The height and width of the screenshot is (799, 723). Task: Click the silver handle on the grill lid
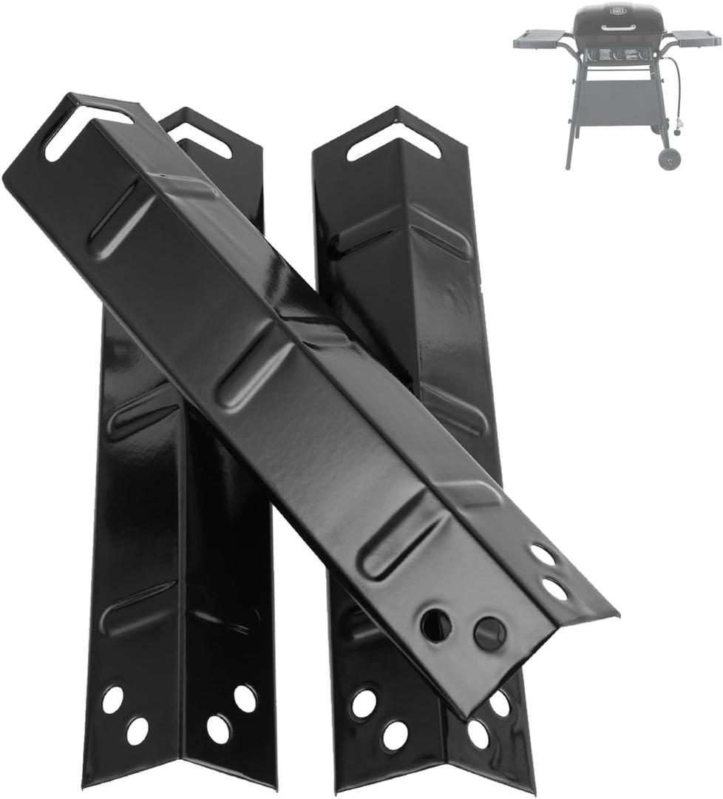(x=618, y=28)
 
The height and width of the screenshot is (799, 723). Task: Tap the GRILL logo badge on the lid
(x=618, y=13)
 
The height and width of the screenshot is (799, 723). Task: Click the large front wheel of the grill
(x=671, y=158)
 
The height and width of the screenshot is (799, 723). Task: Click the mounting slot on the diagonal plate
(x=87, y=130)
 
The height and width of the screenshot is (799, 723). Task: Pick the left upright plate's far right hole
(x=245, y=698)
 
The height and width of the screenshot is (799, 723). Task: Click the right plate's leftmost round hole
(x=363, y=703)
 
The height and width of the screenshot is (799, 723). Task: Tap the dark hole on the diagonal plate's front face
(x=436, y=625)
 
